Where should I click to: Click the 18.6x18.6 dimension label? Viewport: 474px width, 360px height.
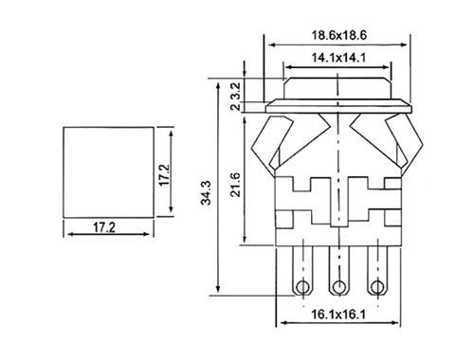(339, 35)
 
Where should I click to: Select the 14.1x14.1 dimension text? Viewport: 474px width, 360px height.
(338, 58)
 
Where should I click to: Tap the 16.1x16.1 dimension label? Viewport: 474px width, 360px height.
(338, 315)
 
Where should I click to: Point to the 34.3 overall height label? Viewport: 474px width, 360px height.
(207, 192)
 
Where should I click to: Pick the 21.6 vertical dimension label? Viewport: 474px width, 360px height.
(235, 185)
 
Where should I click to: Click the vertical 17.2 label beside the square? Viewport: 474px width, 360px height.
(165, 175)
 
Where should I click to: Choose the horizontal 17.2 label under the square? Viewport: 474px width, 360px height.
(104, 227)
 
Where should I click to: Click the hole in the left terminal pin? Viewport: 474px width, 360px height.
(302, 287)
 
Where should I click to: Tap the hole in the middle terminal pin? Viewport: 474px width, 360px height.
(339, 287)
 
